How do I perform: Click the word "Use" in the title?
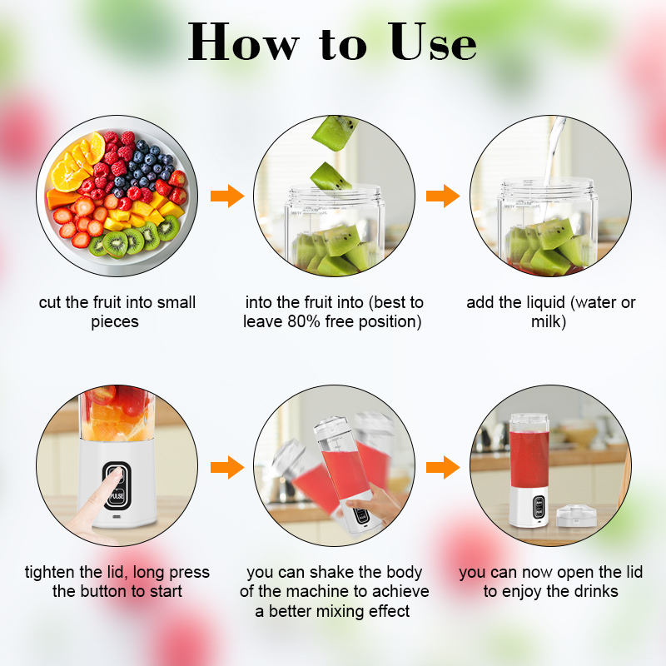coord(432,42)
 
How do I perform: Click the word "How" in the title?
coord(243,42)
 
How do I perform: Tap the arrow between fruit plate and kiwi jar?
coord(227,196)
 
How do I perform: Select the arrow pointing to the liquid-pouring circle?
coord(443,196)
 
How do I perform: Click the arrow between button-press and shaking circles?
coord(227,467)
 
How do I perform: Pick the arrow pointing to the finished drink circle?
coord(443,467)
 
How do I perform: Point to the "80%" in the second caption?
coord(304,321)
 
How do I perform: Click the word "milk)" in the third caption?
coord(549,321)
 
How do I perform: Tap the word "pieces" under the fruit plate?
coord(115,322)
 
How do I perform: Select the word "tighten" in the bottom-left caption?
coord(50,573)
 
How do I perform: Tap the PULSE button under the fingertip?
coord(117,496)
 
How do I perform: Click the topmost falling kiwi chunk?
coord(335,132)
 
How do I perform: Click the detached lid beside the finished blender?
coord(576,515)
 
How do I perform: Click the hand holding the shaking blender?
coord(376,504)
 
